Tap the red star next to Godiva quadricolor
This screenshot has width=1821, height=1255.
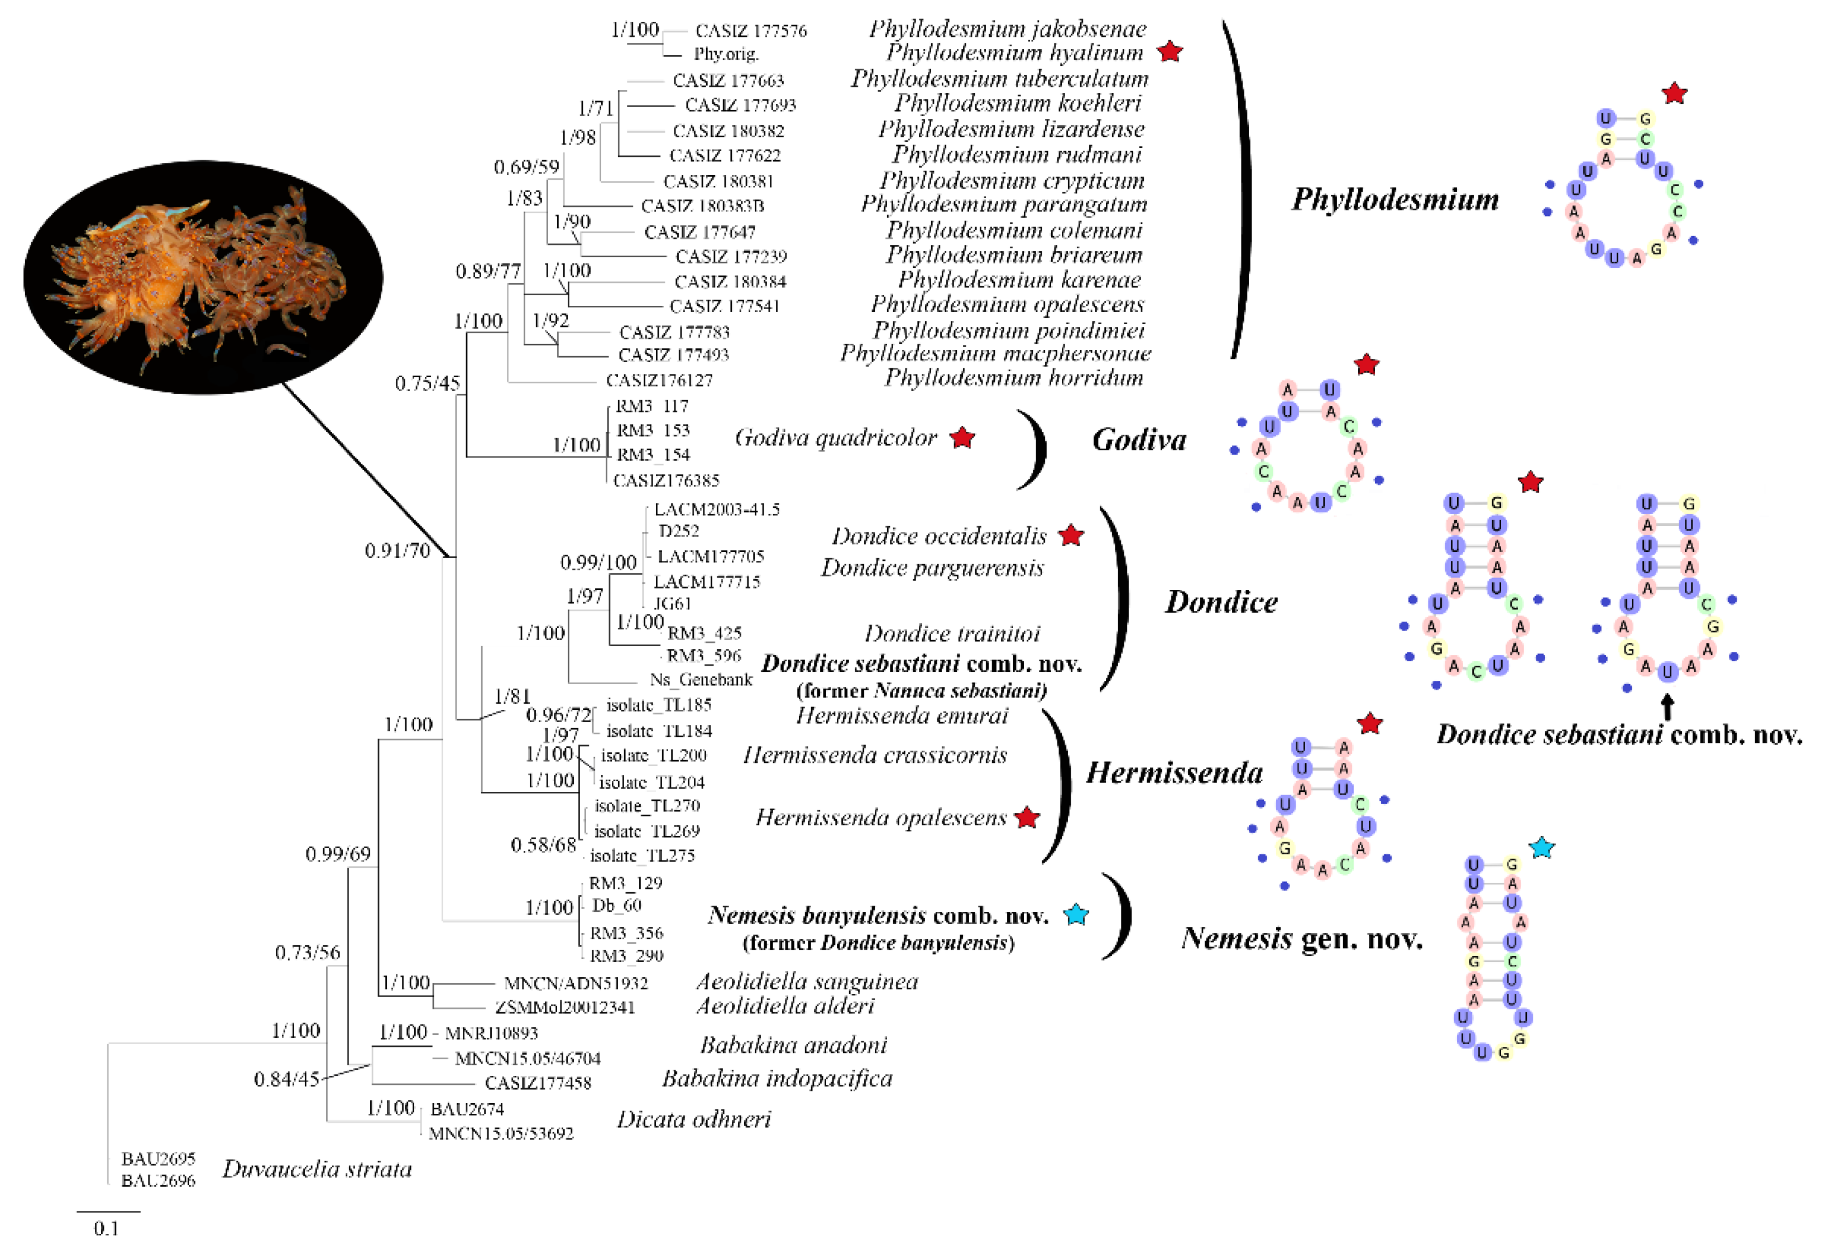click(x=962, y=438)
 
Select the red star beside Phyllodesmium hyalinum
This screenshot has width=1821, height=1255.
click(x=1171, y=52)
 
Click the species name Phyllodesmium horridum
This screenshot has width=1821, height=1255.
click(x=1014, y=378)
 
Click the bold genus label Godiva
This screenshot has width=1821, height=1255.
click(x=1139, y=440)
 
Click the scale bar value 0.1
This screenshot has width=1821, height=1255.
click(x=106, y=1228)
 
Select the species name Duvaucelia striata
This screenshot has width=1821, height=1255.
click(x=317, y=1169)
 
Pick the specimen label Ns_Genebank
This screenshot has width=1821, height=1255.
click(x=701, y=680)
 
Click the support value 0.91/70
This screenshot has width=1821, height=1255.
click(x=397, y=550)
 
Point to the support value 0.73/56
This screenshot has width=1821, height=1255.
click(x=308, y=953)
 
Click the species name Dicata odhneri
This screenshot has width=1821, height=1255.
click(x=694, y=1119)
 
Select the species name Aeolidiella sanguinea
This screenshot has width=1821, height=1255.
click(x=807, y=982)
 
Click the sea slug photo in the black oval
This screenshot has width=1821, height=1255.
click(x=203, y=277)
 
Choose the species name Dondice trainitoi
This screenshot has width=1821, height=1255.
click(x=952, y=633)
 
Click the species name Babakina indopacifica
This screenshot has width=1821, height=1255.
click(x=777, y=1078)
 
